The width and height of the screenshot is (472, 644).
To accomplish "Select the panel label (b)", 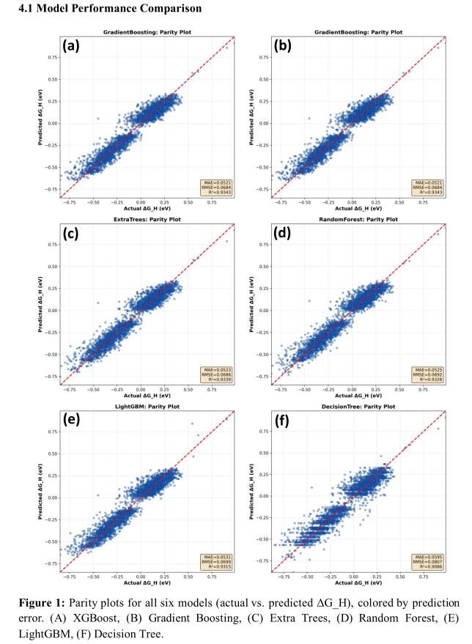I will click(285, 47).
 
